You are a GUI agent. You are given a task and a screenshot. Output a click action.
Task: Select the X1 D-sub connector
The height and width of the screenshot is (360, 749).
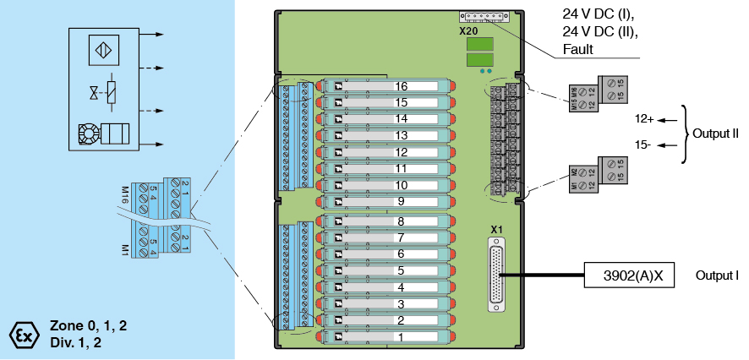coord(496,272)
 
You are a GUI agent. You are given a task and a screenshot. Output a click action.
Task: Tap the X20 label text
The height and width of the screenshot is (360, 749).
coord(468,30)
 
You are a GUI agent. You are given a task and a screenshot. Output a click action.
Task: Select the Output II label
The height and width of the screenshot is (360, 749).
coord(715,134)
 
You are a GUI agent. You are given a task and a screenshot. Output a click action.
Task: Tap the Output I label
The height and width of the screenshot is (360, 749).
coord(717,276)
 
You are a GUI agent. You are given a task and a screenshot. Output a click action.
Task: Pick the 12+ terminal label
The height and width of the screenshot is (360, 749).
coord(644,119)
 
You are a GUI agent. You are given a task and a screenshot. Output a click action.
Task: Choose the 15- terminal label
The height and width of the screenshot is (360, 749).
coord(643,145)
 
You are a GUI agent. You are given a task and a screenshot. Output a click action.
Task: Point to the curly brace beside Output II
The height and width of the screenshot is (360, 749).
coord(686,133)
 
